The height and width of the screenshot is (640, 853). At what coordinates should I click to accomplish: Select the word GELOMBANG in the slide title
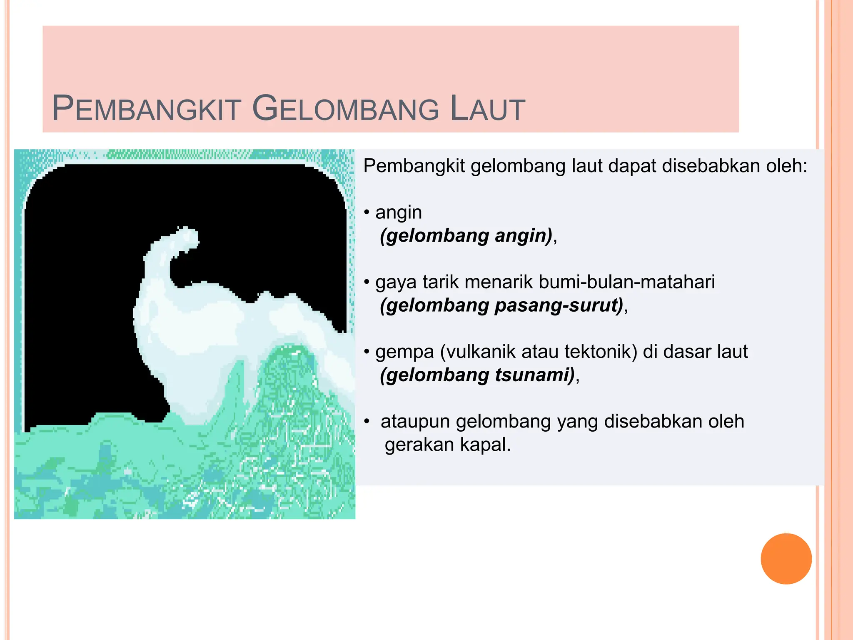point(346,109)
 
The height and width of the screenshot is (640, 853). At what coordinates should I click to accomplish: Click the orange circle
point(786,558)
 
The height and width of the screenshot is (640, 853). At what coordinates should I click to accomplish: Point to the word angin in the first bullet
point(399,213)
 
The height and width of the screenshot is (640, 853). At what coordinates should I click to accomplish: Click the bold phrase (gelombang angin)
point(466,236)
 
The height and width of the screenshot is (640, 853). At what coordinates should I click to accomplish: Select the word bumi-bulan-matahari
point(626,282)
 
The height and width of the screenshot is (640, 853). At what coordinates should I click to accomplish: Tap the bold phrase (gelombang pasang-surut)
point(501,305)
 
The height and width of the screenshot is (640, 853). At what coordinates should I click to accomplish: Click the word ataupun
point(415,422)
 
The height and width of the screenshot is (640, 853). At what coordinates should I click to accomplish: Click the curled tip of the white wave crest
point(187,237)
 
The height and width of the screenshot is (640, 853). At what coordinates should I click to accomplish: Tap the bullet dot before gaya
point(367,282)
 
